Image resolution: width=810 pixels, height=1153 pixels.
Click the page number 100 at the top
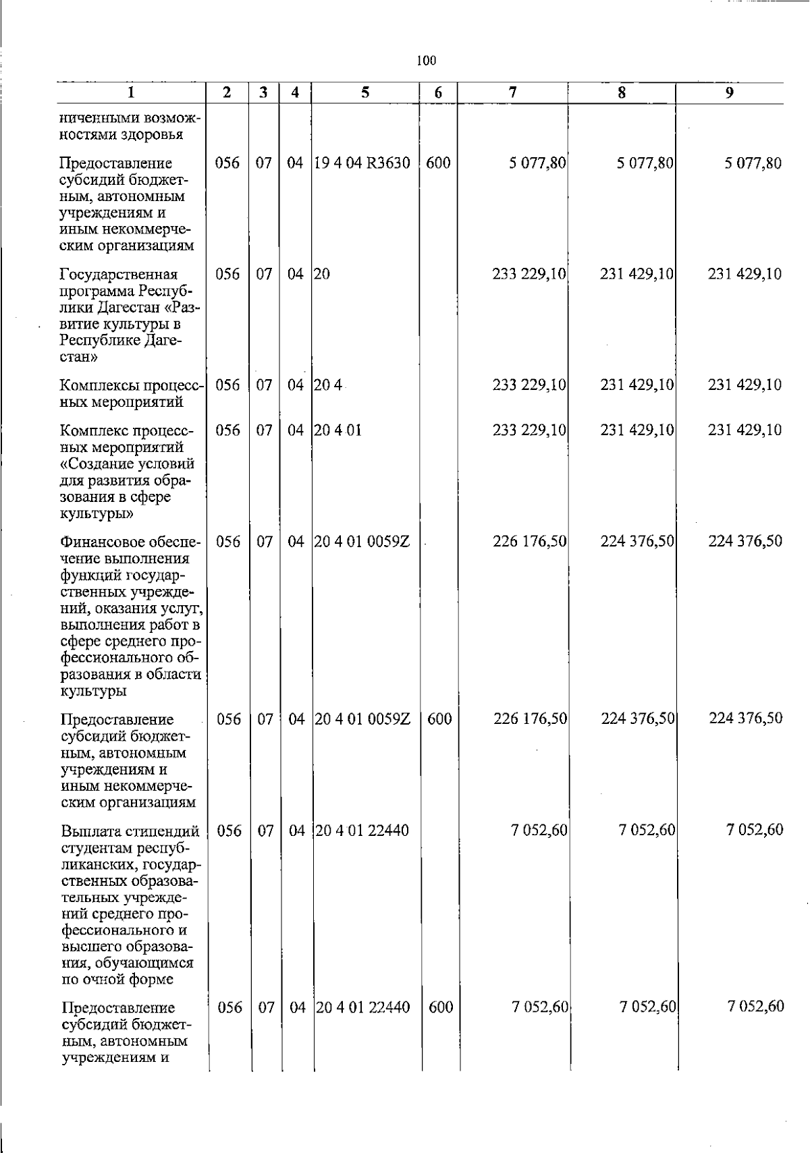[x=427, y=61]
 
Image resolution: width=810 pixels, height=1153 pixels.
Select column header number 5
[x=365, y=93]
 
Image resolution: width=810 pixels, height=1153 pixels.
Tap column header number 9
[x=729, y=93]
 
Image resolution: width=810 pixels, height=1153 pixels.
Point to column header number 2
[x=227, y=93]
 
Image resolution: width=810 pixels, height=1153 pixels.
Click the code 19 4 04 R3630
[x=363, y=163]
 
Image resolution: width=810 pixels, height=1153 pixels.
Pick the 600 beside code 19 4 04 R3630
[x=439, y=163]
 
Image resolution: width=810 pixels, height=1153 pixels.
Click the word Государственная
[x=119, y=275]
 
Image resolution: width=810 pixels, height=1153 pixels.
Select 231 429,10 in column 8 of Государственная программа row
[x=637, y=274]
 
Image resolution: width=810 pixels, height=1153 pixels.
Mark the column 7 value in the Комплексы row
[x=530, y=385]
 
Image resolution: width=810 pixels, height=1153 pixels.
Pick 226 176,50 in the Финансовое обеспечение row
[x=530, y=541]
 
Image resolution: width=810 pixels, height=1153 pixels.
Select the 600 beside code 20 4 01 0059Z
[x=439, y=719]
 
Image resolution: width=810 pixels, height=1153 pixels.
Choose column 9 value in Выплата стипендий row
[x=755, y=830]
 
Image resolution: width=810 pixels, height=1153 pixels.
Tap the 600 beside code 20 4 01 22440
[x=440, y=1007]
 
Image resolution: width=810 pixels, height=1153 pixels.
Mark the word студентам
[x=94, y=847]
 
